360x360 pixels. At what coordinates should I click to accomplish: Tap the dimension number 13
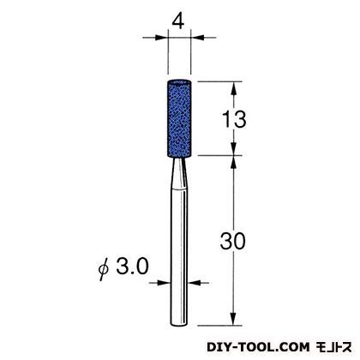[234, 119]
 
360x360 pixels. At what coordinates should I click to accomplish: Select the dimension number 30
[232, 241]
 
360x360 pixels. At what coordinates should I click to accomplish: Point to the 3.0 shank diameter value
[132, 266]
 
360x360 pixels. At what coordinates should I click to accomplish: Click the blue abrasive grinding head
[179, 118]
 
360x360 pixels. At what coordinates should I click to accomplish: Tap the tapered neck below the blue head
[179, 174]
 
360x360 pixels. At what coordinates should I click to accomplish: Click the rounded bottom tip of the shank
[179, 323]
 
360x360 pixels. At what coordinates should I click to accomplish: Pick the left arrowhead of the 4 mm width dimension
[160, 37]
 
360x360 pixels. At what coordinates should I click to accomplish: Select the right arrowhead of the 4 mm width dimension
[198, 37]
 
